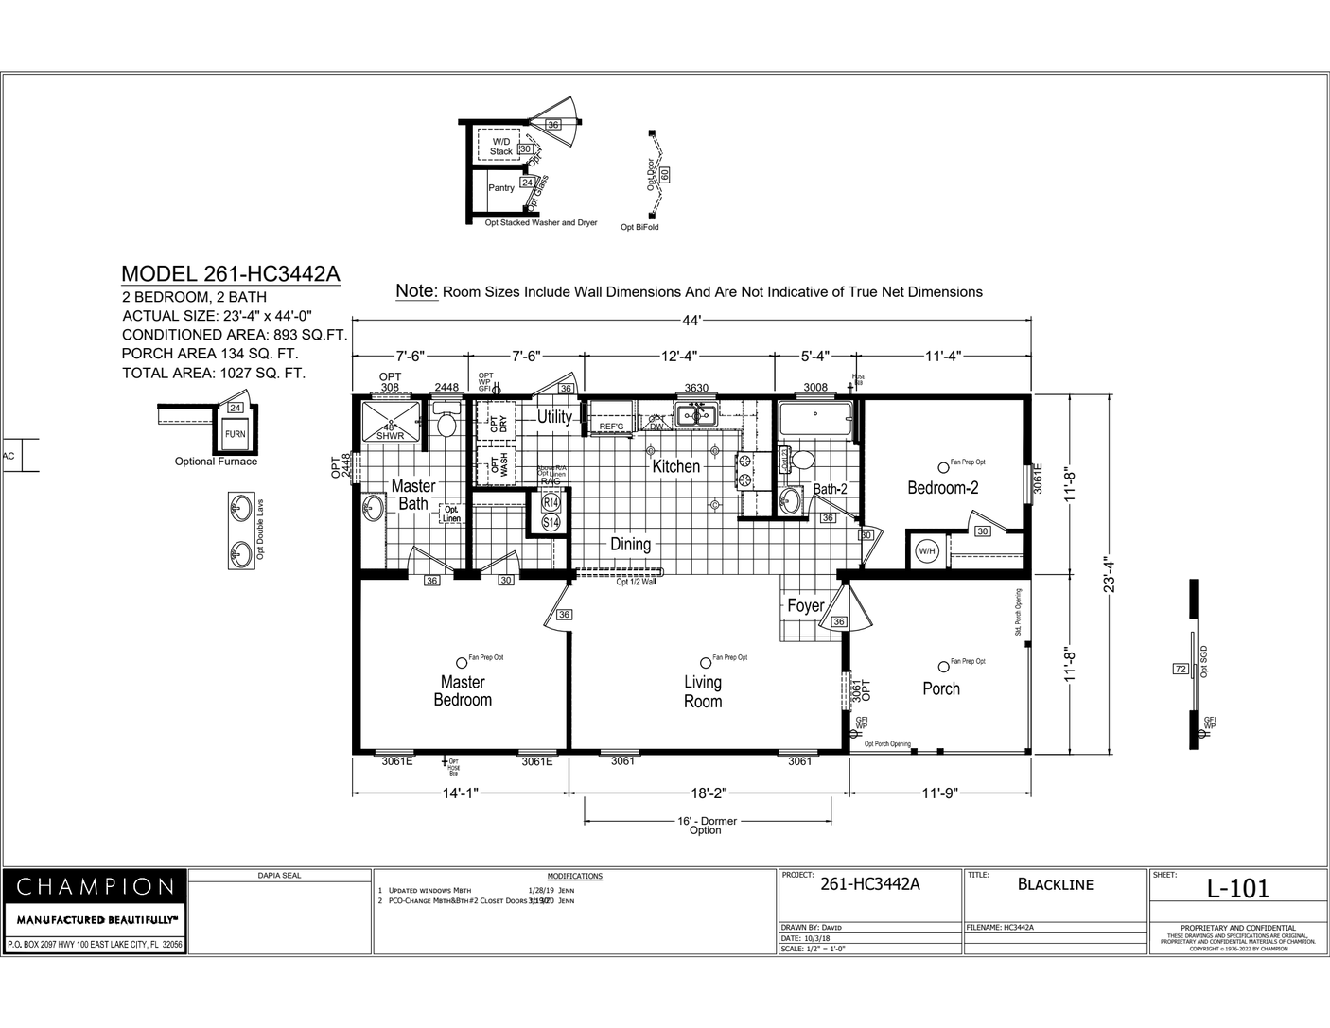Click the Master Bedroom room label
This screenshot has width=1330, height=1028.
pyautogui.click(x=463, y=690)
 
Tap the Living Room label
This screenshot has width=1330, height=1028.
pyautogui.click(x=703, y=691)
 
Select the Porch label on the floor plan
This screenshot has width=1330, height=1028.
pyautogui.click(x=941, y=688)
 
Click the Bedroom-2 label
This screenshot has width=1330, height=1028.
pyautogui.click(x=942, y=488)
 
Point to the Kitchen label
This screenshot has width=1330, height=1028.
pyautogui.click(x=676, y=466)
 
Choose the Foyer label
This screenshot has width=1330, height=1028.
pyautogui.click(x=806, y=605)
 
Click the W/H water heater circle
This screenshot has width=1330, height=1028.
pyautogui.click(x=926, y=551)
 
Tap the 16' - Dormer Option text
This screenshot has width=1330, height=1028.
pyautogui.click(x=707, y=826)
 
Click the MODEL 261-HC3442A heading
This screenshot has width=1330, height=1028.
pyautogui.click(x=230, y=274)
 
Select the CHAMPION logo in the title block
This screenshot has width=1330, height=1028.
pyautogui.click(x=96, y=887)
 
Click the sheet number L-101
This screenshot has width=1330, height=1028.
pyautogui.click(x=1237, y=889)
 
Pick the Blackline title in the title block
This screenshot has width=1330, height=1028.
pyautogui.click(x=1055, y=884)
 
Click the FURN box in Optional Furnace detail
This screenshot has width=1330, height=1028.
pyautogui.click(x=235, y=434)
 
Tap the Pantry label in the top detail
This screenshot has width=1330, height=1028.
pyautogui.click(x=501, y=187)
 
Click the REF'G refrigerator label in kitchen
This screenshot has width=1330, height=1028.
pyautogui.click(x=612, y=427)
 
